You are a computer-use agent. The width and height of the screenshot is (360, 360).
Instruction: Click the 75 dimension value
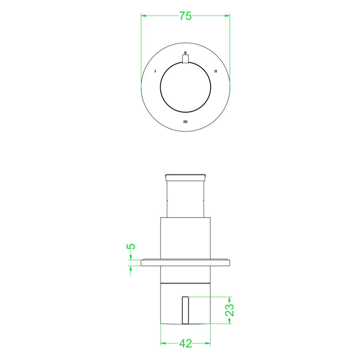185,16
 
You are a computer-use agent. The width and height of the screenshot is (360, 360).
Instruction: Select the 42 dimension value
185,343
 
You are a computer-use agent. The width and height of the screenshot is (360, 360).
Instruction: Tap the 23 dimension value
230,310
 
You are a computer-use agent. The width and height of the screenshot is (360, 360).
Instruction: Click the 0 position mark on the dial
185,52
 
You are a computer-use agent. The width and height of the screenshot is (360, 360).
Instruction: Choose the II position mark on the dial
216,71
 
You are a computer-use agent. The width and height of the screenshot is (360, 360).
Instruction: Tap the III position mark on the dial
185,122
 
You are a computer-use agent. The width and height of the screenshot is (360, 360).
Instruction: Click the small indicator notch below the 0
185,59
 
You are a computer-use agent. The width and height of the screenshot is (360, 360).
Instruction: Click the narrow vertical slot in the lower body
185,310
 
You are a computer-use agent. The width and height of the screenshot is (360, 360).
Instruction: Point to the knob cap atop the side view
185,176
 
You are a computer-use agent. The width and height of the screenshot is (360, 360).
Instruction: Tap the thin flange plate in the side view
185,263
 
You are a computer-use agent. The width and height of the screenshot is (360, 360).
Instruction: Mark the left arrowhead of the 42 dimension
163,343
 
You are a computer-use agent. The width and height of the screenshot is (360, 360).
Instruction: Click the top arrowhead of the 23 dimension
229,299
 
